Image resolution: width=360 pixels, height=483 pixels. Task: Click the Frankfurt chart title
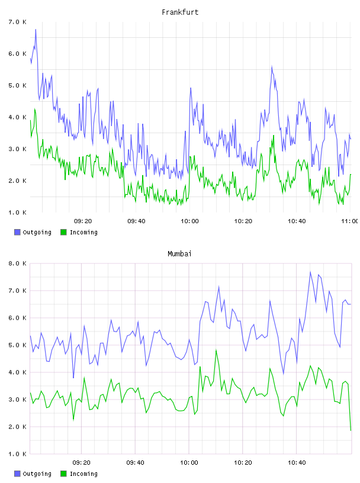[x=180, y=12]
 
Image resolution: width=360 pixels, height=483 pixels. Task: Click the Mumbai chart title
[x=179, y=254]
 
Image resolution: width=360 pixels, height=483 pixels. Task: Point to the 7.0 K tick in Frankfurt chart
[x=18, y=22]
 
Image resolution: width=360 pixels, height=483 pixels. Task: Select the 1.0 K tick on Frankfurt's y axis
[x=18, y=212]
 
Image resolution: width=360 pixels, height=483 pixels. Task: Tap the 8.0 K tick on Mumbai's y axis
[x=18, y=263]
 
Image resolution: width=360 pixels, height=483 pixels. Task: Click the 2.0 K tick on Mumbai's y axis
[x=18, y=427]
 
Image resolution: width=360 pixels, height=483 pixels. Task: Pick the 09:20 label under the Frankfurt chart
[x=83, y=221]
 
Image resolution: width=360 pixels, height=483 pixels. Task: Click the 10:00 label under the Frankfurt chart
[x=189, y=221]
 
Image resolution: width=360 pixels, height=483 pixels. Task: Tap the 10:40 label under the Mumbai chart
[x=297, y=462]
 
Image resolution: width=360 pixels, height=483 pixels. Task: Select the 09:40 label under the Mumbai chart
[x=135, y=462]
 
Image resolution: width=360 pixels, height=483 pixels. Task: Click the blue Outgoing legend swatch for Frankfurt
[x=17, y=232]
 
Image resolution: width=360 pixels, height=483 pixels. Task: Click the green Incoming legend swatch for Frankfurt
[x=63, y=232]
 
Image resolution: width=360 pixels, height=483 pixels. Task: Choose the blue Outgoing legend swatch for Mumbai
[x=17, y=474]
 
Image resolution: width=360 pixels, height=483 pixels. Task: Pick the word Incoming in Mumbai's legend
[x=83, y=474]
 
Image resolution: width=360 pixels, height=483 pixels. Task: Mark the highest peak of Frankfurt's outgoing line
[x=36, y=30]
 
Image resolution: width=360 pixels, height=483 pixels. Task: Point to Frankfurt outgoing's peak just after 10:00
[x=191, y=88]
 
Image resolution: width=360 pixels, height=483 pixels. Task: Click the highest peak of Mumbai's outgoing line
[x=310, y=272]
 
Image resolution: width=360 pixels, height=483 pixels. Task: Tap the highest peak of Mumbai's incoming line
[x=216, y=350]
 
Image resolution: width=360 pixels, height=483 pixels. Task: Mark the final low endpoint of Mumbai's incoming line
[x=351, y=430]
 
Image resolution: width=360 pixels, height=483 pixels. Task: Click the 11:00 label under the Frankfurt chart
[x=350, y=221]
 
